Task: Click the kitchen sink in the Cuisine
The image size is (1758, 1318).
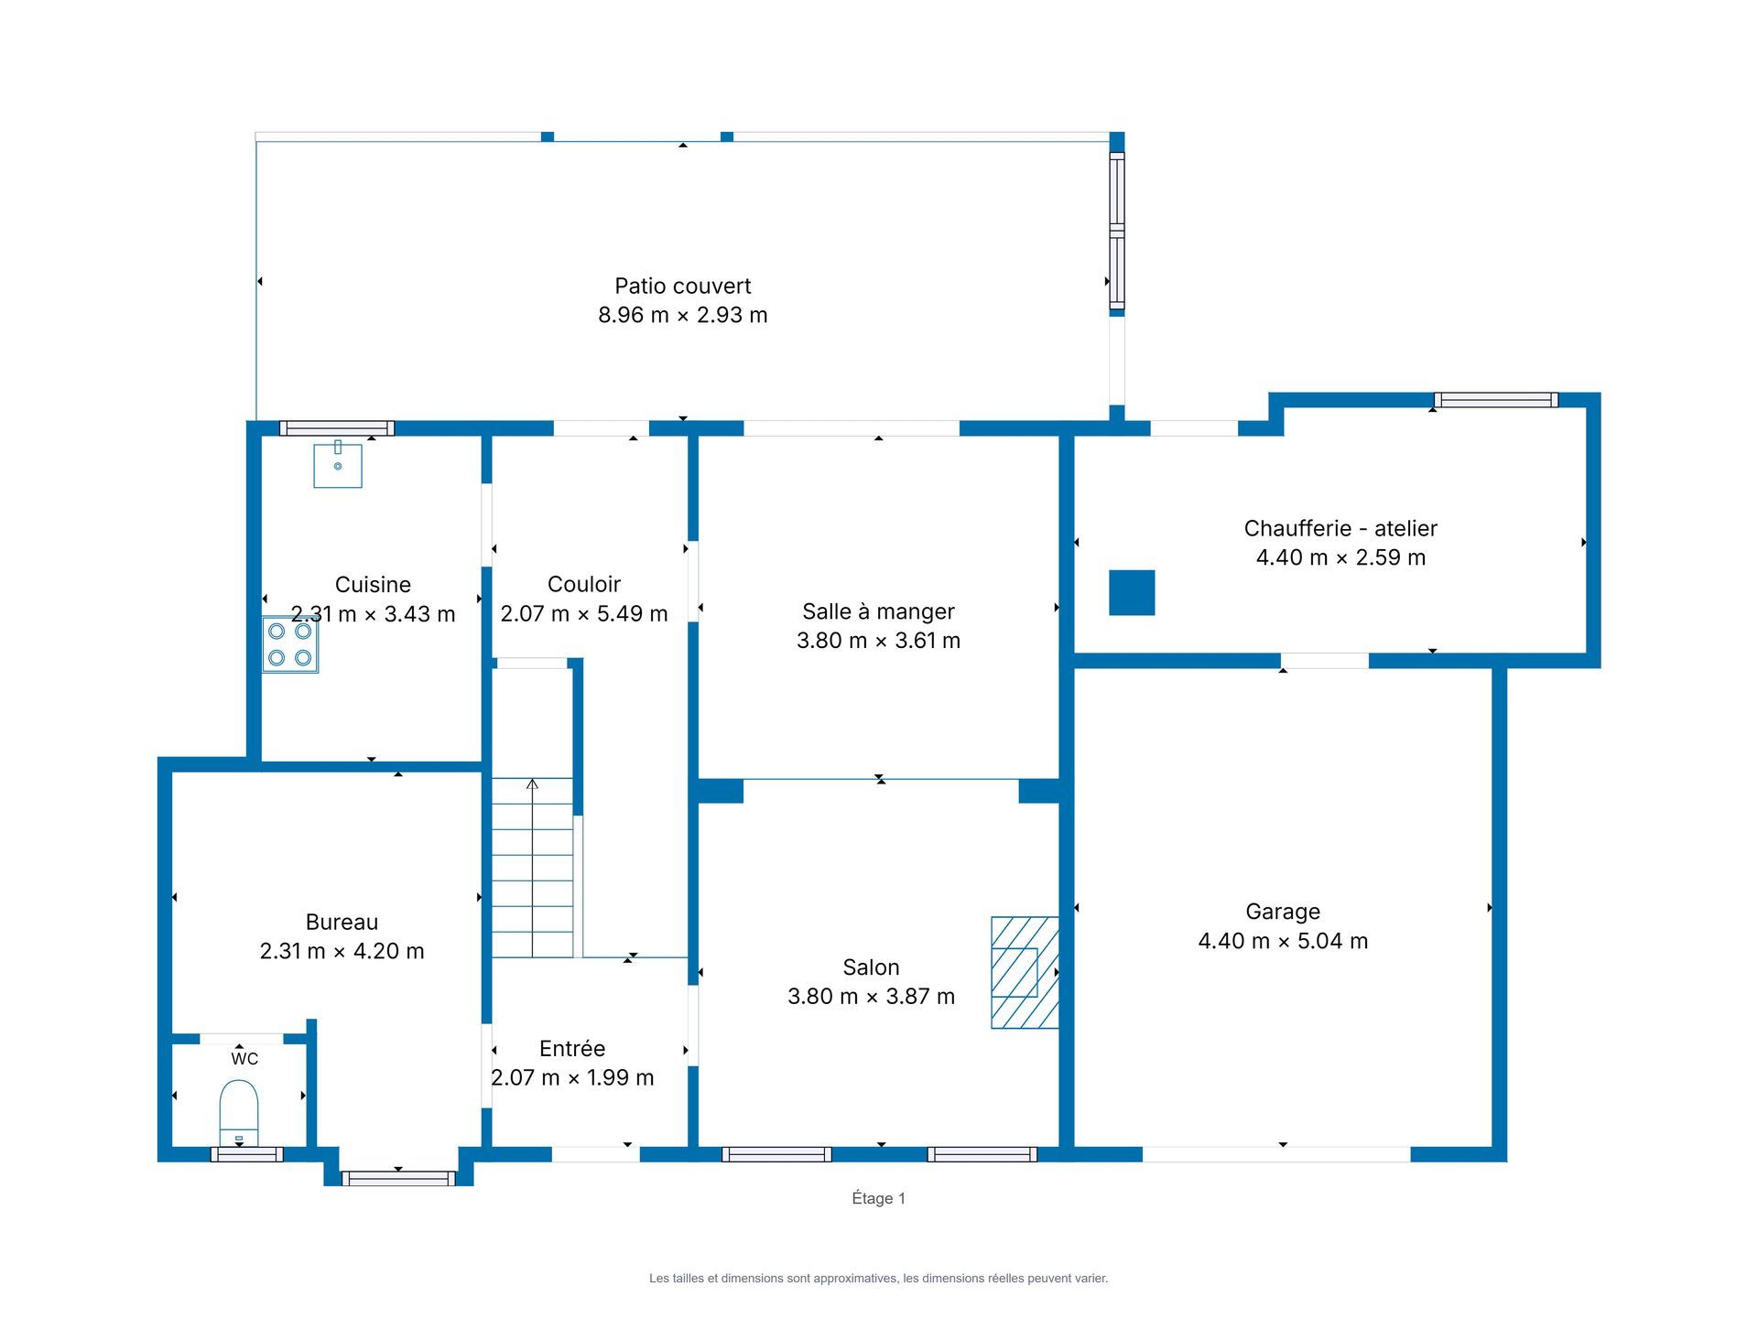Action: (x=338, y=465)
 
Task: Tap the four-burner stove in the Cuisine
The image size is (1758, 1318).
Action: (x=290, y=644)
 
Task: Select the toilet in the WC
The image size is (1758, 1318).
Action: (x=239, y=1112)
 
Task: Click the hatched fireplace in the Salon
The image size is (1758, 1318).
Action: (x=1025, y=972)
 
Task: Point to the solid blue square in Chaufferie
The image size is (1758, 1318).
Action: (x=1132, y=592)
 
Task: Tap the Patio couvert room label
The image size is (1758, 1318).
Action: (x=683, y=286)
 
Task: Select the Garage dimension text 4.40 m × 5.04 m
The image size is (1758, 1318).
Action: (x=1283, y=941)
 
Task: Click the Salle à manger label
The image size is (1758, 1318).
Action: (x=878, y=611)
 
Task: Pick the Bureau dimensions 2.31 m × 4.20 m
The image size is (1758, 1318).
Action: (x=342, y=951)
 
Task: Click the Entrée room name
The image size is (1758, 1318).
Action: (x=572, y=1048)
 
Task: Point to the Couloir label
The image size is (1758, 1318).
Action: (x=584, y=584)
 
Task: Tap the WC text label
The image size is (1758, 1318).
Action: (x=244, y=1059)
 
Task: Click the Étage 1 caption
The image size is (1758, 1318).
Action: (x=879, y=1198)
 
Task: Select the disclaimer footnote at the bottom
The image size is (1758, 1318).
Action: (x=879, y=1279)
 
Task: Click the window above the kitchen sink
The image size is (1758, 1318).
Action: (x=337, y=428)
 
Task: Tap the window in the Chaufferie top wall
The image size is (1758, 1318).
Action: (x=1496, y=400)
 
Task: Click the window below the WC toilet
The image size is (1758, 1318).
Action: (x=247, y=1154)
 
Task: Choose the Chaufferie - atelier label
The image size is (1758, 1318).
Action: (x=1340, y=528)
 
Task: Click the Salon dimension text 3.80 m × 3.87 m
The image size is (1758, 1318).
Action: (x=871, y=996)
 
